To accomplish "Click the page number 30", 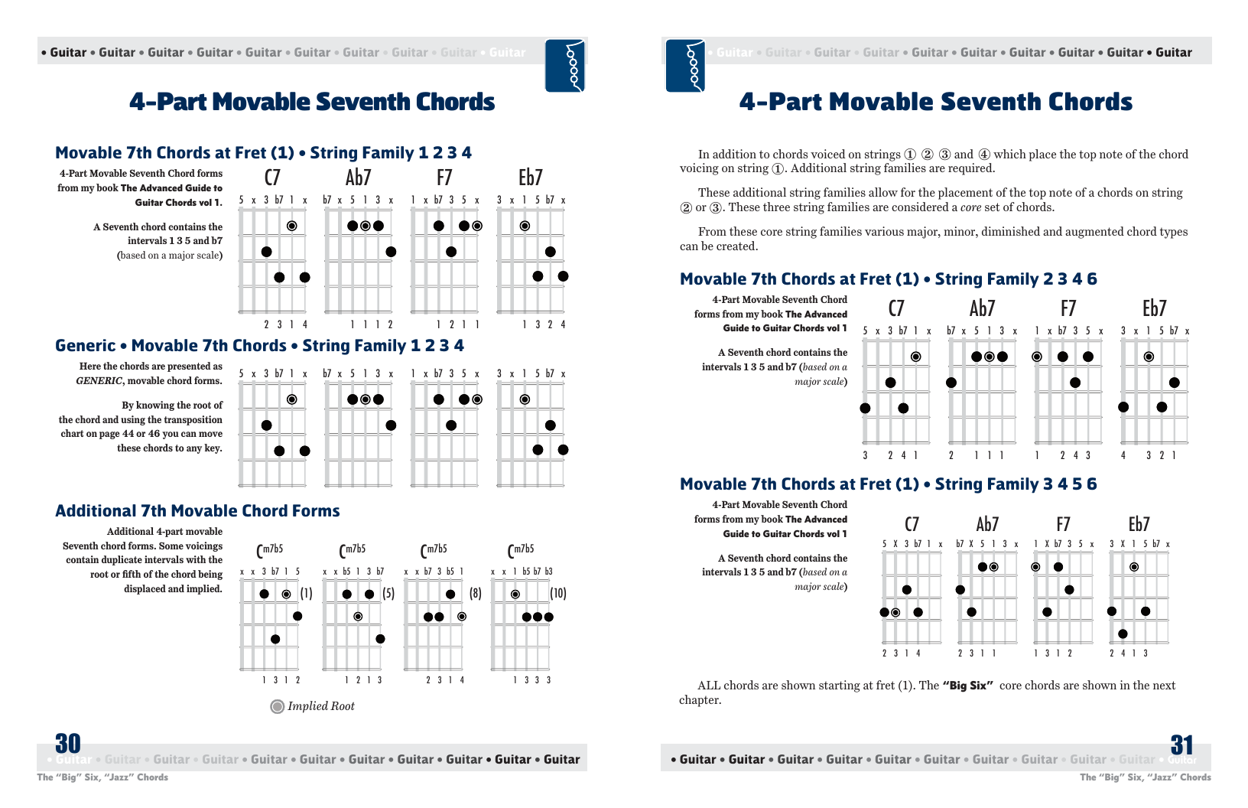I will click(68, 744).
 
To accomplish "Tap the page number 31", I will click(1182, 745).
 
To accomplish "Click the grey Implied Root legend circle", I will click(278, 706).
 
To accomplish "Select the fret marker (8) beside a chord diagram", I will click(476, 593).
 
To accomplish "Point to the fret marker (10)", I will click(558, 593).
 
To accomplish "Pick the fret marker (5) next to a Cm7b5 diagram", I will click(388, 593).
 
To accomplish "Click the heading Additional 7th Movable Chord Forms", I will click(197, 511).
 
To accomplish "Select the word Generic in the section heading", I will click(85, 346).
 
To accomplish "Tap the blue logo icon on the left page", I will click(565, 66).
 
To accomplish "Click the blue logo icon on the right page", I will click(685, 66).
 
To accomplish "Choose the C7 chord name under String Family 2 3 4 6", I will click(896, 308).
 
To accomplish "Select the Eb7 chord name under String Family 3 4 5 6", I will click(1139, 524).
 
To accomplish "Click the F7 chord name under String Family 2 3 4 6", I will click(1068, 308).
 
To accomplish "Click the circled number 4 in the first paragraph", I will click(984, 155).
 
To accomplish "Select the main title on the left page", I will click(312, 102).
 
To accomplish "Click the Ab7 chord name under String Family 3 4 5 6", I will click(987, 524).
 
